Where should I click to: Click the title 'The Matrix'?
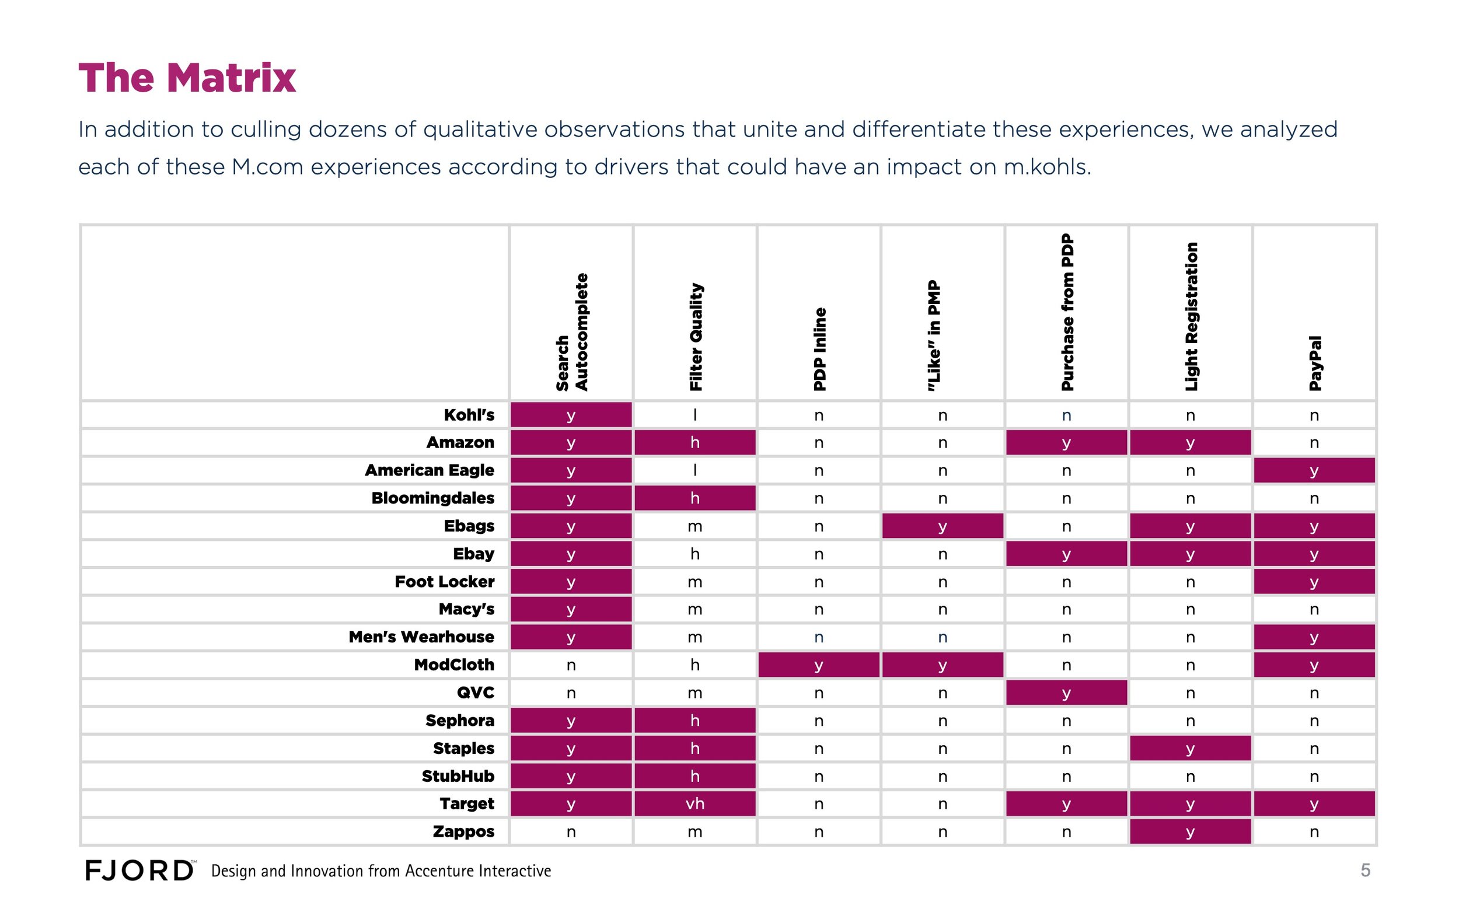tap(187, 78)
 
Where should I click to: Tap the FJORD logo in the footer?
tap(139, 871)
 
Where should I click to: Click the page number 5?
tap(1366, 871)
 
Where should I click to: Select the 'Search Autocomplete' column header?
tap(571, 333)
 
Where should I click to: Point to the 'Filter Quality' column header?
tap(696, 337)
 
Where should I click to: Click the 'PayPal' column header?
tap(1315, 363)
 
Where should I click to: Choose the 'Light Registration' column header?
tap(1191, 317)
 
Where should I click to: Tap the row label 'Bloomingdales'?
tap(432, 498)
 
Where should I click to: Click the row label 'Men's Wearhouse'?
tap(421, 637)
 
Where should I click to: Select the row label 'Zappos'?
tap(463, 832)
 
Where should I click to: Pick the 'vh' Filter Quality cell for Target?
tap(695, 804)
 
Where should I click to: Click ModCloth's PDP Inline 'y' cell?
tap(818, 665)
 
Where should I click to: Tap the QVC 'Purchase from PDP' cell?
tap(1066, 693)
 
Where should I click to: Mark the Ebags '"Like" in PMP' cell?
tap(943, 526)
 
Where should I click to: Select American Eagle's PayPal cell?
tap(1314, 470)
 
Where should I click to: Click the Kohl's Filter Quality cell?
tap(695, 415)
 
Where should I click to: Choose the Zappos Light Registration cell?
tap(1190, 833)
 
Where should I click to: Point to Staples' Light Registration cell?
tap(1190, 749)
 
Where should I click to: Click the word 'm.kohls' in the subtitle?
tap(1047, 167)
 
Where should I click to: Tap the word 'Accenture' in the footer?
tap(439, 871)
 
